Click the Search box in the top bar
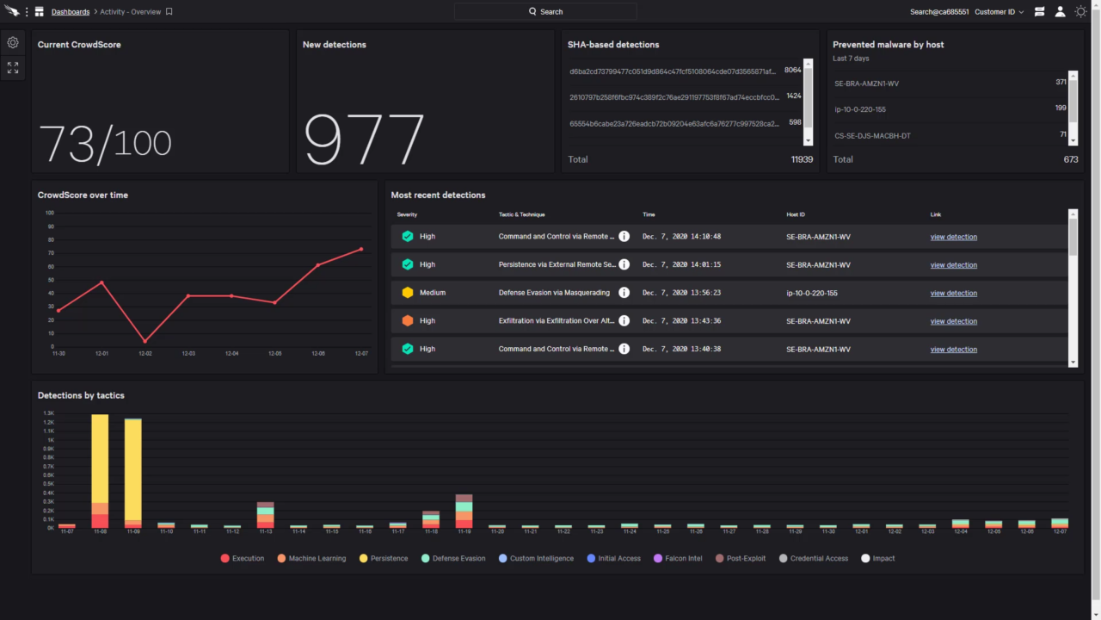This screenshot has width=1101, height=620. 545,12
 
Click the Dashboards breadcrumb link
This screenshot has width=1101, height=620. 70,12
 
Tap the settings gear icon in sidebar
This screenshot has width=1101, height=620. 13,42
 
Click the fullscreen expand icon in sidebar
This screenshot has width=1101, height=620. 13,67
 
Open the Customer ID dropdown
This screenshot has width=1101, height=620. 999,12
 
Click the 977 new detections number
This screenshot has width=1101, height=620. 364,139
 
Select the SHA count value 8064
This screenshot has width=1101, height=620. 792,71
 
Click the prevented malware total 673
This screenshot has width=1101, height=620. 1070,159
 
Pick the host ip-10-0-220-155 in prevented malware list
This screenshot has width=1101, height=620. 860,109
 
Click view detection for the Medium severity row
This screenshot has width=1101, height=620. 953,293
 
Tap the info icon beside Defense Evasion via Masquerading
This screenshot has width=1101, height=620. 624,293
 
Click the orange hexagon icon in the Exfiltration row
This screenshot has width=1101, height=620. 408,320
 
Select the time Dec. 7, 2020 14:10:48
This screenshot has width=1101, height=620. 681,237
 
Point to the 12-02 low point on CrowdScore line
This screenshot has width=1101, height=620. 145,341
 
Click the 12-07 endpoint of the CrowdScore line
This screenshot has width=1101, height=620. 361,249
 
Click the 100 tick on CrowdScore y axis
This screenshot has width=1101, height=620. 49,213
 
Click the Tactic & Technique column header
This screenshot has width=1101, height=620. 521,214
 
